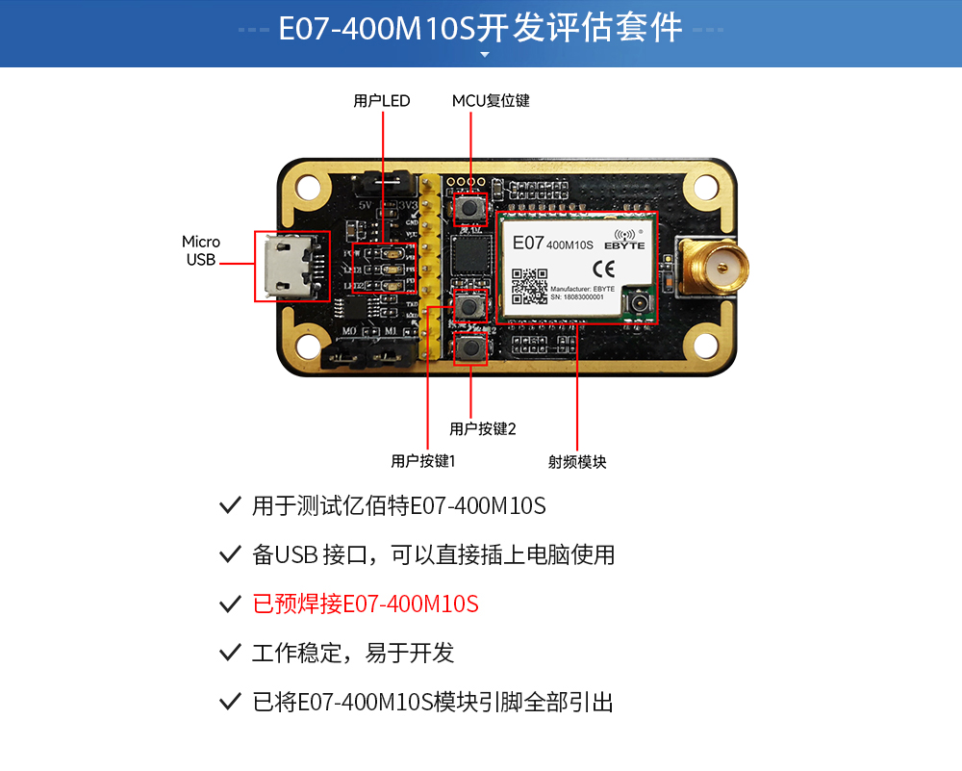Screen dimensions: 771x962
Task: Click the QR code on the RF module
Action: (x=528, y=286)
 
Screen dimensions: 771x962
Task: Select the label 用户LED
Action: (x=382, y=101)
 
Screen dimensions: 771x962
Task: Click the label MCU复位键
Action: (x=491, y=101)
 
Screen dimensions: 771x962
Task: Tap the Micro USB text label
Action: (x=201, y=250)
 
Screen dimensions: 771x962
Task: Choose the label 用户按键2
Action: (x=483, y=429)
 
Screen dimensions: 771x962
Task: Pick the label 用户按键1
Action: (x=422, y=461)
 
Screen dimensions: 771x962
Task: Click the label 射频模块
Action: (x=577, y=462)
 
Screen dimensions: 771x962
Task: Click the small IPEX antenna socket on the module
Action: (x=637, y=305)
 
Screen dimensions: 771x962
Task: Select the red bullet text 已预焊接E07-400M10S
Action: (x=365, y=604)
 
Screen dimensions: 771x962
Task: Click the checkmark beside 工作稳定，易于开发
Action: (x=230, y=654)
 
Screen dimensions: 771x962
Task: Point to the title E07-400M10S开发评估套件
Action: (x=481, y=28)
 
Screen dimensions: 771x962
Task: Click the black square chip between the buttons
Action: (x=470, y=257)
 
